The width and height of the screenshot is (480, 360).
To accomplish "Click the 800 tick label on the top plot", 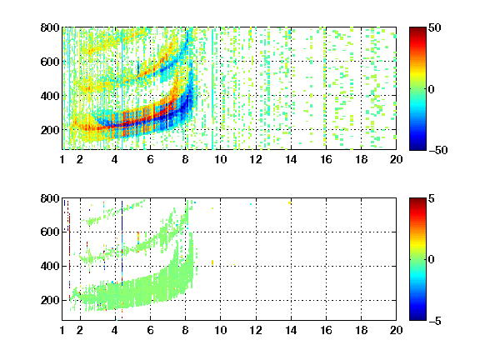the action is point(50,27).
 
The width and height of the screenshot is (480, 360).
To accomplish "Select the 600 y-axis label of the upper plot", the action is point(50,62).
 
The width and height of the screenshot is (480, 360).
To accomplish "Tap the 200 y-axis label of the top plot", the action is point(50,130).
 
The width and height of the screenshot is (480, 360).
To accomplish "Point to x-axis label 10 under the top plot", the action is point(220,159).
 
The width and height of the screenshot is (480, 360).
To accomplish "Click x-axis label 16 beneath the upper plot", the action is point(326,159).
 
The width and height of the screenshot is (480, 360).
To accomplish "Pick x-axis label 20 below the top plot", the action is point(396,159).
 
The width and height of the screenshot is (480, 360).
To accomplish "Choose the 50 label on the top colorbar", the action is point(434,27).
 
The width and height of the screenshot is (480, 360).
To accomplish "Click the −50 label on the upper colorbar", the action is point(437,150).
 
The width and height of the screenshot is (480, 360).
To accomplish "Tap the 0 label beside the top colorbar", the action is point(431,89).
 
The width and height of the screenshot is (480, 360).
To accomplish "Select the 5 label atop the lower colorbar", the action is point(431,198).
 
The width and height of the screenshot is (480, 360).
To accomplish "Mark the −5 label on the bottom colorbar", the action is point(434,321).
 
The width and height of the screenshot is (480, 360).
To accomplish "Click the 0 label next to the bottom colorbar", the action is point(431,260).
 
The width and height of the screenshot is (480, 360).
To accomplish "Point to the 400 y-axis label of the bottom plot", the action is point(50,266).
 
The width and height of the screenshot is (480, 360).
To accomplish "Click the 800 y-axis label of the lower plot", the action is point(50,198).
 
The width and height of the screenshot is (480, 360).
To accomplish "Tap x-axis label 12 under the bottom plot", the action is point(256,330).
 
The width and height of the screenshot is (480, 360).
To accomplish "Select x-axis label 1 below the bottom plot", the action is point(62,330).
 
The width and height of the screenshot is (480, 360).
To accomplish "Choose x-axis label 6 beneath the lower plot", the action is point(150,330).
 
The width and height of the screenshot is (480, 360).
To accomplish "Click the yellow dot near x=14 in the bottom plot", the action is point(289,203).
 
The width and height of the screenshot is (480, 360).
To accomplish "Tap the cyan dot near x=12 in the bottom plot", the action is point(251,204).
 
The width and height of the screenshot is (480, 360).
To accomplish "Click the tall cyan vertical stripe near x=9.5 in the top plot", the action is point(212,89).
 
